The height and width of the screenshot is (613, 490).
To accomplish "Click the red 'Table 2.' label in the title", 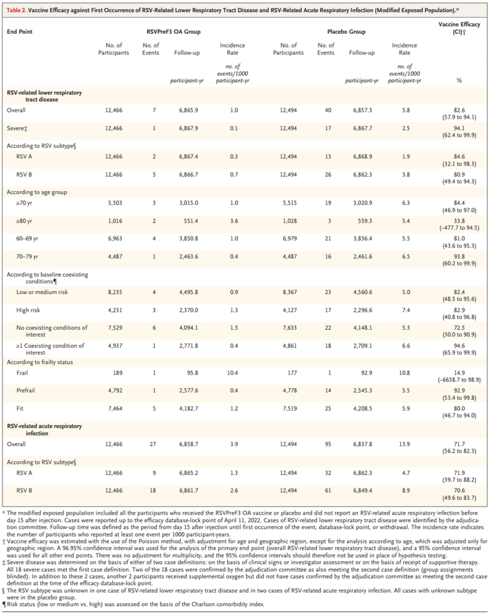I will (16, 10).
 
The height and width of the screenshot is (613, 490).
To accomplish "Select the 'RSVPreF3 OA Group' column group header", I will (173, 32).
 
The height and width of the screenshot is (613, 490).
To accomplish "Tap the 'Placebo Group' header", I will (346, 32).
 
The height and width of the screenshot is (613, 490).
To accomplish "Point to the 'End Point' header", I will (20, 32).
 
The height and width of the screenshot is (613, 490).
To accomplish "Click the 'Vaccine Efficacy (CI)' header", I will (459, 28).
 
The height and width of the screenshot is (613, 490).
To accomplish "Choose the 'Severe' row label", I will (17, 128).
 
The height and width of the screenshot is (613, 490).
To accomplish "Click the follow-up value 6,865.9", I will (188, 110).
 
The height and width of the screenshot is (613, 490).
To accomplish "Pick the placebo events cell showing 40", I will (328, 110).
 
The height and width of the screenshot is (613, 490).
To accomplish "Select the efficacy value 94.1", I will (459, 128).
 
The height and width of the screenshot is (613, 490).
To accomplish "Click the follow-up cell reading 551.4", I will (191, 221).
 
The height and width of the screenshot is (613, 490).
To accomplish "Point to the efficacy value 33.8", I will (459, 221).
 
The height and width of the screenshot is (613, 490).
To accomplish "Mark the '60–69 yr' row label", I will (27, 239).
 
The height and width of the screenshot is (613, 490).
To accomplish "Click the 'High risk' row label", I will (28, 310).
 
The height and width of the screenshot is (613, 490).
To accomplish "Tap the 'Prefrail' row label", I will (25, 391).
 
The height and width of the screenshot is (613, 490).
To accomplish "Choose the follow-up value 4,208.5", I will (363, 409).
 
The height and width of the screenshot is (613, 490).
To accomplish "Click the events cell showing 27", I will (153, 444).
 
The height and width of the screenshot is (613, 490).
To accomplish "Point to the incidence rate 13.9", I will (404, 444).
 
